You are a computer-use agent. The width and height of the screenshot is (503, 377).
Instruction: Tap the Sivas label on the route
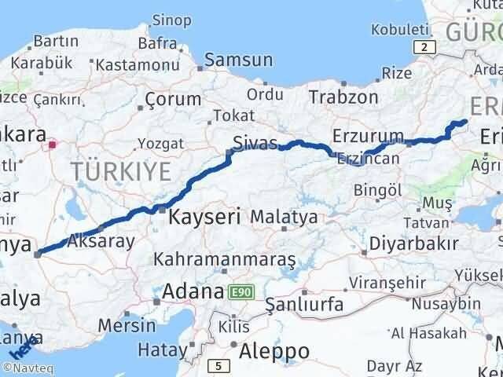[x=255, y=143]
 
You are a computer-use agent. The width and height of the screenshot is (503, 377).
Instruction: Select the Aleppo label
[x=275, y=350]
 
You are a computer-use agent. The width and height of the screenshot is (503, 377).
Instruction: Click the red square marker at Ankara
[x=53, y=145]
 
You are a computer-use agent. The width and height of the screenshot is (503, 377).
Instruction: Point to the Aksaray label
[x=102, y=242]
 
